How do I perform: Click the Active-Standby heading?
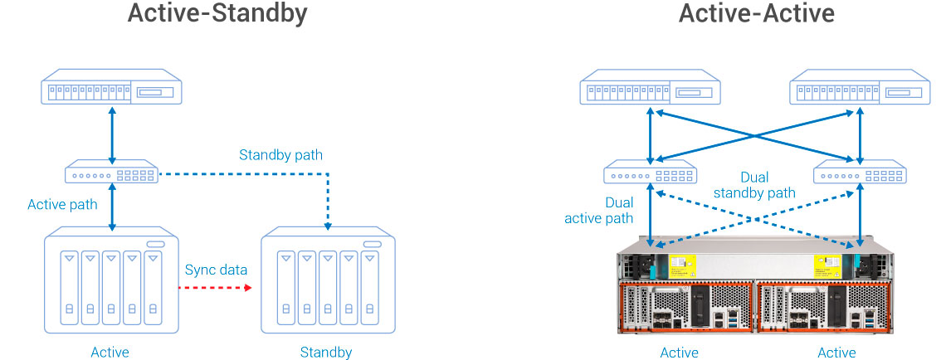[x=217, y=14]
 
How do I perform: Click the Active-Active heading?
[x=756, y=14]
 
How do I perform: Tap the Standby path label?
[x=280, y=154]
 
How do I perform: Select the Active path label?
[x=63, y=204]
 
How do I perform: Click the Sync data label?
[x=216, y=270]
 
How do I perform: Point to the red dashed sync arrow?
[x=215, y=288]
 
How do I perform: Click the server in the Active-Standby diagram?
[x=111, y=86]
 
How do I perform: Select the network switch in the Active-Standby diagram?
[x=111, y=174]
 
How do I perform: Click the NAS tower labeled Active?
[x=110, y=281]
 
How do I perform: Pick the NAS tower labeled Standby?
[x=328, y=281]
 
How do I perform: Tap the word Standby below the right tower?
[x=326, y=353]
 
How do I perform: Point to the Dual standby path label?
[x=754, y=185]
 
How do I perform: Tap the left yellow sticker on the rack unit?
[x=682, y=265]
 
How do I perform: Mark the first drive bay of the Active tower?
[x=69, y=287]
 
